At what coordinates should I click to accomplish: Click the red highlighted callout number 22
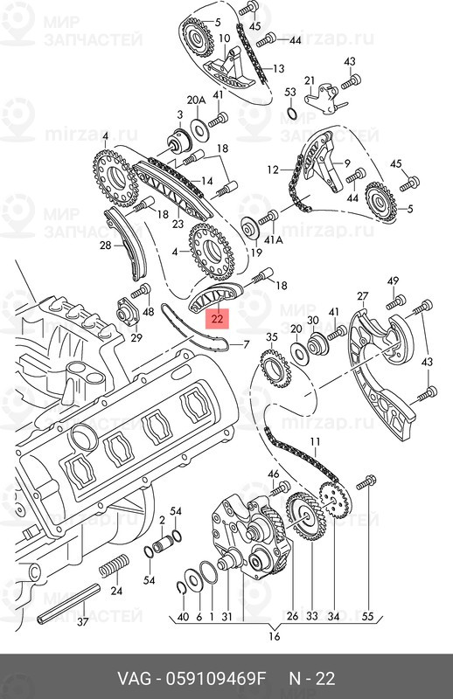[216, 320]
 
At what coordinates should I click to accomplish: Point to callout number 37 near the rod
[83, 621]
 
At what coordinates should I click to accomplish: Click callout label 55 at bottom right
[367, 617]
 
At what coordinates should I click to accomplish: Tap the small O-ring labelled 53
[291, 114]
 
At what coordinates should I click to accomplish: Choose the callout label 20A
[197, 100]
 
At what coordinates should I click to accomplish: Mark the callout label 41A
[275, 239]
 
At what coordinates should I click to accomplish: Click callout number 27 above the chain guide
[362, 297]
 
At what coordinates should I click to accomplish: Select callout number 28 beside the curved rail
[106, 246]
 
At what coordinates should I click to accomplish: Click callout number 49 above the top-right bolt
[393, 280]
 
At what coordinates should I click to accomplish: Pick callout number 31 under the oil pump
[226, 617]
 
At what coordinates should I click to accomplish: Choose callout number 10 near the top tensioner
[225, 38]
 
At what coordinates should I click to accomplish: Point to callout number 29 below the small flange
[136, 338]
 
